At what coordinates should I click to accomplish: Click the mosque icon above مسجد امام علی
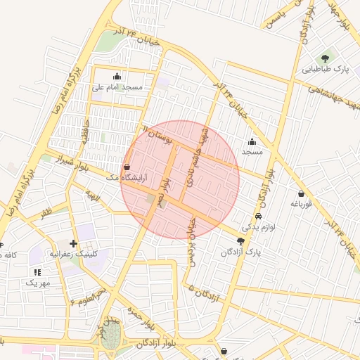click(117, 77)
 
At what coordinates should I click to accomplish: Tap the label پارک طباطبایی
click(326, 70)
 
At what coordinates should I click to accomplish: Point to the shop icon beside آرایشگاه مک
click(127, 167)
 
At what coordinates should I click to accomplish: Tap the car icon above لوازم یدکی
click(259, 217)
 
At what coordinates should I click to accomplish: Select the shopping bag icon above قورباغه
click(301, 193)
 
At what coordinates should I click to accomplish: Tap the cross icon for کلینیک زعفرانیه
click(74, 243)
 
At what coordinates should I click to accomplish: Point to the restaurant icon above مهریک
click(37, 272)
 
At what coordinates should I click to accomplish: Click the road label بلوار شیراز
click(75, 164)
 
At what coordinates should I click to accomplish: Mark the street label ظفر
click(46, 211)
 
